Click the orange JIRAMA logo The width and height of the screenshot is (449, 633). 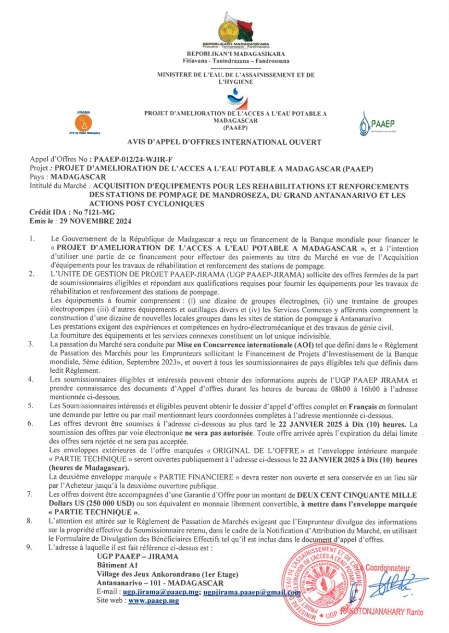tap(82, 123)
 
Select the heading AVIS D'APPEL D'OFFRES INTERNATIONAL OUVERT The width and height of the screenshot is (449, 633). tap(224, 142)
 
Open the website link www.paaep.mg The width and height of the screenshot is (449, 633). tap(154, 601)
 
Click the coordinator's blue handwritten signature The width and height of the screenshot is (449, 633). tap(388, 585)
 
